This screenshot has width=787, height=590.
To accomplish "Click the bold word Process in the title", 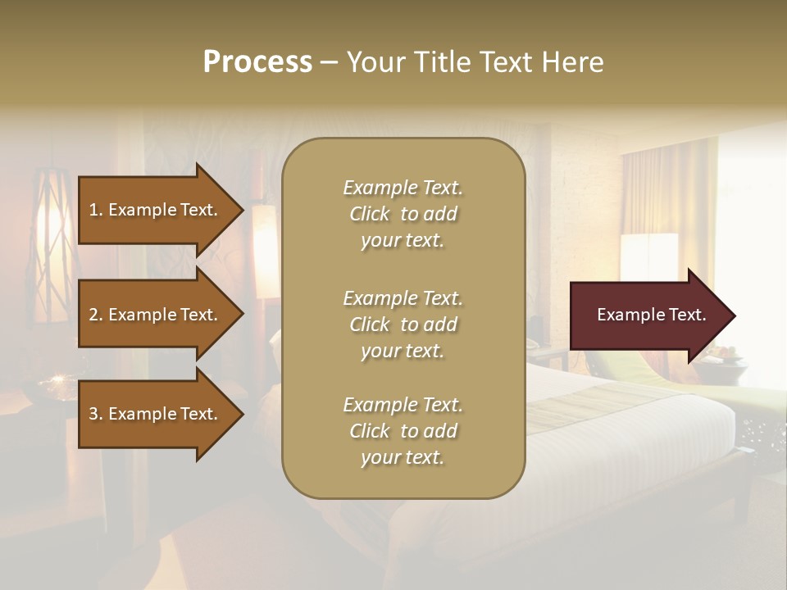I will (257, 62).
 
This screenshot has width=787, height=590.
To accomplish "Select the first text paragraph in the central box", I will (403, 214).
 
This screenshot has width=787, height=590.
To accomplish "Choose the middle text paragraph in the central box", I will (403, 324).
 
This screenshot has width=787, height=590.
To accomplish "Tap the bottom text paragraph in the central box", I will (403, 431).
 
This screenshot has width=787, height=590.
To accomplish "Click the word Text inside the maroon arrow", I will (688, 315).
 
